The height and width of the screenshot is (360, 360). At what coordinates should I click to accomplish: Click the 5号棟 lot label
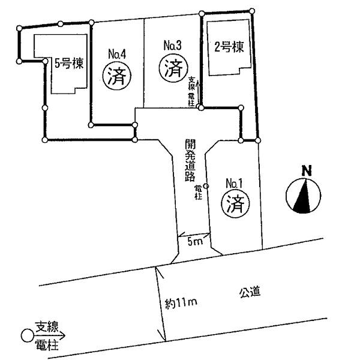(68, 62)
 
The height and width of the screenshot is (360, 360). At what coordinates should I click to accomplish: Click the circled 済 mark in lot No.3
(172, 67)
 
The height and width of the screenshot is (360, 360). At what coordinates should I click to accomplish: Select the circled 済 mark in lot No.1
(235, 205)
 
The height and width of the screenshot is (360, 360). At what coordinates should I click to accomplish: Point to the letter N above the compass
(306, 170)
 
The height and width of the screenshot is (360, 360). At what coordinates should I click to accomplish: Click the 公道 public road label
(251, 292)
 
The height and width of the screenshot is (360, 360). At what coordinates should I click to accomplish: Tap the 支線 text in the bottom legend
(46, 327)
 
